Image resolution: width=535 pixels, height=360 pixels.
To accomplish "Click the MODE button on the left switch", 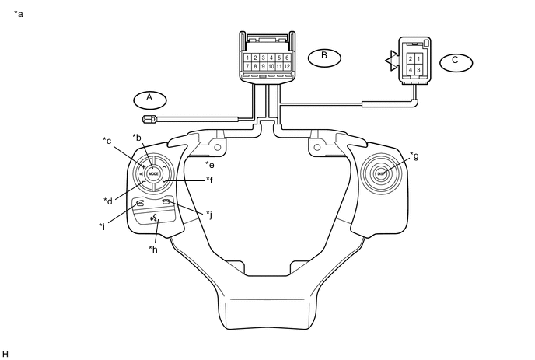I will click(153, 173).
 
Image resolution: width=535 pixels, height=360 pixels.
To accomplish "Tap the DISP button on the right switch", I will click(382, 173).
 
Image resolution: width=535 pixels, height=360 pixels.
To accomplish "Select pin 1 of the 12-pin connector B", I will click(247, 58).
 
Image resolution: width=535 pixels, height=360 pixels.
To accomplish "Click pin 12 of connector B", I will click(288, 67).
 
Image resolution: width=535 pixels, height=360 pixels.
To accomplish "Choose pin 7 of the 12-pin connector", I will click(247, 67).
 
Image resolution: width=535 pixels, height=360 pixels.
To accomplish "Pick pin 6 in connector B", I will click(288, 58).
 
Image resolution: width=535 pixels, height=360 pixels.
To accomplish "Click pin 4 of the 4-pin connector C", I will click(410, 70).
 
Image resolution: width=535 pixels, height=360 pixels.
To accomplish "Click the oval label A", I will click(149, 99).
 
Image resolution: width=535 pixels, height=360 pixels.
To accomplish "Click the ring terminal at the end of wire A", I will click(150, 119).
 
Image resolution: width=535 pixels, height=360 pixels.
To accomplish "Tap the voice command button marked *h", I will click(155, 221).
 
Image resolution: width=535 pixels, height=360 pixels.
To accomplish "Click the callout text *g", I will click(414, 156).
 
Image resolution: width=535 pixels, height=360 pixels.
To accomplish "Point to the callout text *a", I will click(19, 14).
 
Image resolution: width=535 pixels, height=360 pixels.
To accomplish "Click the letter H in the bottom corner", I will click(6, 354).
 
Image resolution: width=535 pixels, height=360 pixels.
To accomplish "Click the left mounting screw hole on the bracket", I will click(217, 147).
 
